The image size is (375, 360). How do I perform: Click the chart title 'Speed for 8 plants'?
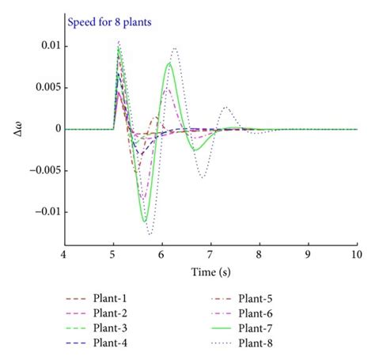tap(115, 23)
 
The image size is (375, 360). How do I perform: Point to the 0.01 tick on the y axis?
tap(49, 46)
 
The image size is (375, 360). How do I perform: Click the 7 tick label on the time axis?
tap(210, 255)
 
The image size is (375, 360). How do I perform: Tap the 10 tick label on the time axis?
tap(356, 255)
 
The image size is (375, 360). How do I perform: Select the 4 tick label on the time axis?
tap(64, 255)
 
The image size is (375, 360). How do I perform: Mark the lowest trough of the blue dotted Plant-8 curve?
tap(150, 234)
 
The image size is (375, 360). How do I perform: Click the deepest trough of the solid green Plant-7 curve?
tap(146, 222)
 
